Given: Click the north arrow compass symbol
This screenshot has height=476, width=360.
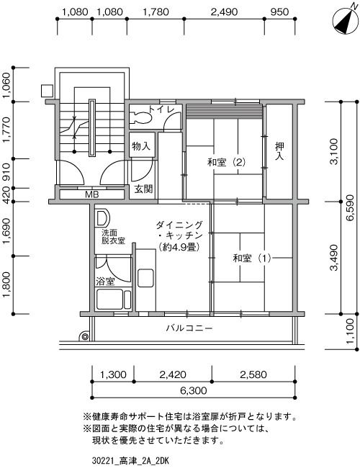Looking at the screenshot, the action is tap(346, 19).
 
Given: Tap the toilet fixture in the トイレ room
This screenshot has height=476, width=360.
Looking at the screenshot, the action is tap(141, 117).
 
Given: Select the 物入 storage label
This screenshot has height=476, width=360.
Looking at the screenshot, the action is tap(141, 146).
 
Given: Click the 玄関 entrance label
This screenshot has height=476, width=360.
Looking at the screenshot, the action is tap(143, 189).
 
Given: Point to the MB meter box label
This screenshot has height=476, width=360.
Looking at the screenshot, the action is tap(91, 194).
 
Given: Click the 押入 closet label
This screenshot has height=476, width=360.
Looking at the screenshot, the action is tap(279, 151).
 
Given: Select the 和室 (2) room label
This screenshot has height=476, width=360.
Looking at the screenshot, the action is tap(226, 162).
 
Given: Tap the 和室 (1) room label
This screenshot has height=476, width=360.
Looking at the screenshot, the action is tap(251, 259).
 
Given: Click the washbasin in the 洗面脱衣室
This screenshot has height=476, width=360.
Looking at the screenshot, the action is tap(102, 217).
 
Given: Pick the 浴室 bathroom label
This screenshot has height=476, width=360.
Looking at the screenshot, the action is tap(105, 282).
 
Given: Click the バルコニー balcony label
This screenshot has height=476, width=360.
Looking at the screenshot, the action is tap(189, 328).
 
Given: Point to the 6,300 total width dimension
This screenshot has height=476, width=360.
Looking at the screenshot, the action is tap(194, 390).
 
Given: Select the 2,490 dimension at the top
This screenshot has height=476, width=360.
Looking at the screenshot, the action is tap(225, 12).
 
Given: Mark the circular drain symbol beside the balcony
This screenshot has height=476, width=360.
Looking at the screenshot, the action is tap(85, 336).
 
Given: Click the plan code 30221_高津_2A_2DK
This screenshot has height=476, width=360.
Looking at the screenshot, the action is tap(130, 461).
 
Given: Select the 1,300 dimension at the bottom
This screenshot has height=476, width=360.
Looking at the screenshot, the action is tap(113, 374).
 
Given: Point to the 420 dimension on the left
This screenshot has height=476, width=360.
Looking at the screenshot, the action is tap(6, 194).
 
